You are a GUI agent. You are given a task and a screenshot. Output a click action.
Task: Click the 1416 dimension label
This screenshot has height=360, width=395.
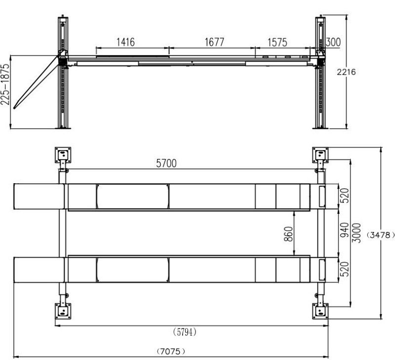[125, 42]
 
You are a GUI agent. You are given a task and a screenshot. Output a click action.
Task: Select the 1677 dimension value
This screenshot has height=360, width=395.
[214, 42]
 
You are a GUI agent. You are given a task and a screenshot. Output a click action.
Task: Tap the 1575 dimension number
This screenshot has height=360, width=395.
[277, 42]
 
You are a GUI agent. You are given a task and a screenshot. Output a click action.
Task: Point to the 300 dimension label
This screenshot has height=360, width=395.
[333, 42]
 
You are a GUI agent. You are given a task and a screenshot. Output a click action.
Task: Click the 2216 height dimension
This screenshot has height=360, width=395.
[347, 72]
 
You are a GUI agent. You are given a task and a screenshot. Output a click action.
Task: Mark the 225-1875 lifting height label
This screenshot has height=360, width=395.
[5, 84]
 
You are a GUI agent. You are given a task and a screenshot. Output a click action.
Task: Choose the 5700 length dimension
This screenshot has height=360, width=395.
[166, 163]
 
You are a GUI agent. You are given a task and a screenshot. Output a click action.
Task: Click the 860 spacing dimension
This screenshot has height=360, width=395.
[289, 234]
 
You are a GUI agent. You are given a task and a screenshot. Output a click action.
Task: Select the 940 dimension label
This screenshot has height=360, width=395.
[344, 230]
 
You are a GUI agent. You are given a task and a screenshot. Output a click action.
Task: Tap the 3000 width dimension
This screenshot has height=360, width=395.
[356, 233]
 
